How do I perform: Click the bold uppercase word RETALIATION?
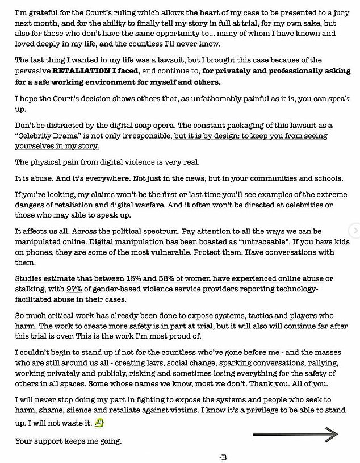point(81,72)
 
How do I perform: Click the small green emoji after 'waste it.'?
point(99,423)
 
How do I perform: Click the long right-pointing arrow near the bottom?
point(295,435)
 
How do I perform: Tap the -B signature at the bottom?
point(223,457)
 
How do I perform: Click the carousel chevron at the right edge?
point(355,231)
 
